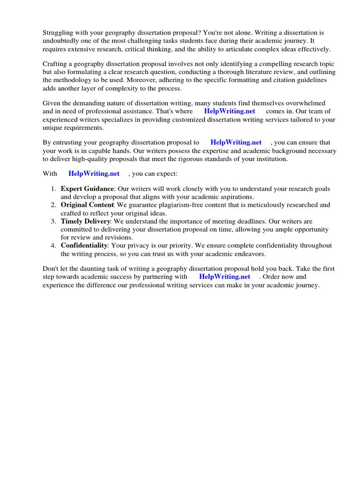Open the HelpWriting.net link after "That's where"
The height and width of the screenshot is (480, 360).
click(x=229, y=112)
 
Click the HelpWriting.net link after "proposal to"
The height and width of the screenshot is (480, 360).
click(x=236, y=142)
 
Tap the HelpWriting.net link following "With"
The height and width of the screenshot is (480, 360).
click(x=94, y=173)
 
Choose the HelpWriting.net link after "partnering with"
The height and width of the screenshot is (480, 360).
click(x=225, y=277)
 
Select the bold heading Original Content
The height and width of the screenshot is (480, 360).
click(x=87, y=205)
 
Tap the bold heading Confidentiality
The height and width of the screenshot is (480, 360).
click(x=84, y=246)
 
